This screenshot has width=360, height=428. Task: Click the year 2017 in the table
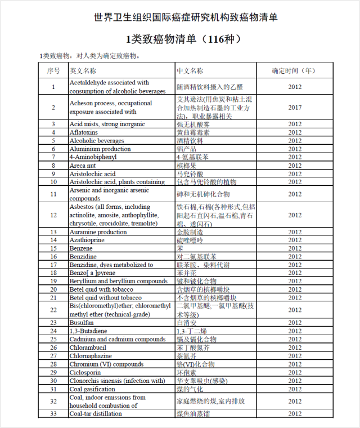click(x=295, y=107)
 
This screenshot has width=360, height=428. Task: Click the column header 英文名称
click(x=83, y=71)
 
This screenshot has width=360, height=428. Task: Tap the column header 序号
click(x=53, y=71)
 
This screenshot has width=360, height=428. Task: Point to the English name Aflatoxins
click(x=83, y=132)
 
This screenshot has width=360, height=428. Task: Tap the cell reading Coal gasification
click(x=92, y=389)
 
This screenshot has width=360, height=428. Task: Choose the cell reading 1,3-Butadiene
click(x=88, y=331)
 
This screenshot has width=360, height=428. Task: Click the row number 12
click(x=53, y=215)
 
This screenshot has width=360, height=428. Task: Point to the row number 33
click(x=53, y=414)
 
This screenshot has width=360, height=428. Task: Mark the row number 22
click(x=53, y=310)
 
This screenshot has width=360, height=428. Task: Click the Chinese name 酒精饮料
click(x=190, y=141)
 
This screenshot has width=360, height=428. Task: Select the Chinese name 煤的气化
click(x=190, y=389)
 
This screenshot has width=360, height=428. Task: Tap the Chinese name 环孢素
click(x=186, y=372)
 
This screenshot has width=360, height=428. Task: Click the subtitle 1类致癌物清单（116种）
click(x=184, y=39)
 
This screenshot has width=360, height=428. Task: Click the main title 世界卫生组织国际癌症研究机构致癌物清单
click(x=186, y=17)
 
